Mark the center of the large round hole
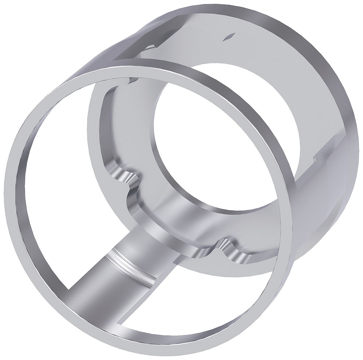click(x=227, y=136)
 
